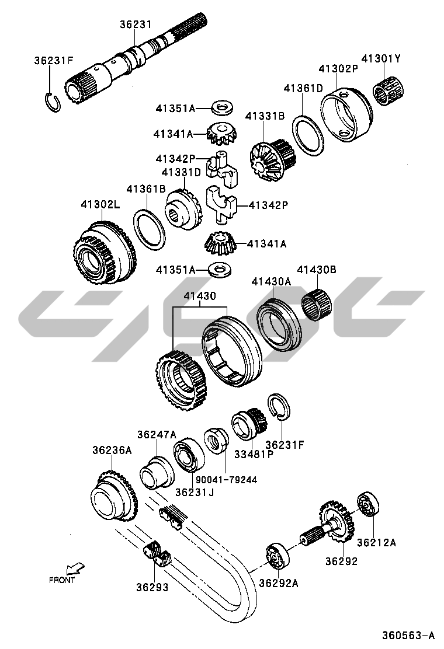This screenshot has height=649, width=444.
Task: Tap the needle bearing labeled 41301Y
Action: coord(388,91)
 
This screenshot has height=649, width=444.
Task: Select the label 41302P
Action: coord(338,69)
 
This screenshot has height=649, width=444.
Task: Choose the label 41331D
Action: coord(181,172)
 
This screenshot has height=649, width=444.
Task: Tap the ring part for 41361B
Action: coord(149,230)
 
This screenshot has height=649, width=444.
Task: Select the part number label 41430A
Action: coord(271,281)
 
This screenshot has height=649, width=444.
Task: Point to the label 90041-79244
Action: coord(226,480)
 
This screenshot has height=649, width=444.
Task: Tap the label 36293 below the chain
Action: coord(152,587)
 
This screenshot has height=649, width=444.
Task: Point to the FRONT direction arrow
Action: coord(75,567)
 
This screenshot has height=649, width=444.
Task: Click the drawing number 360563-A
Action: coord(408,635)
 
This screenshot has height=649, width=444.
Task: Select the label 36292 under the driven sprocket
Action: coord(341,561)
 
